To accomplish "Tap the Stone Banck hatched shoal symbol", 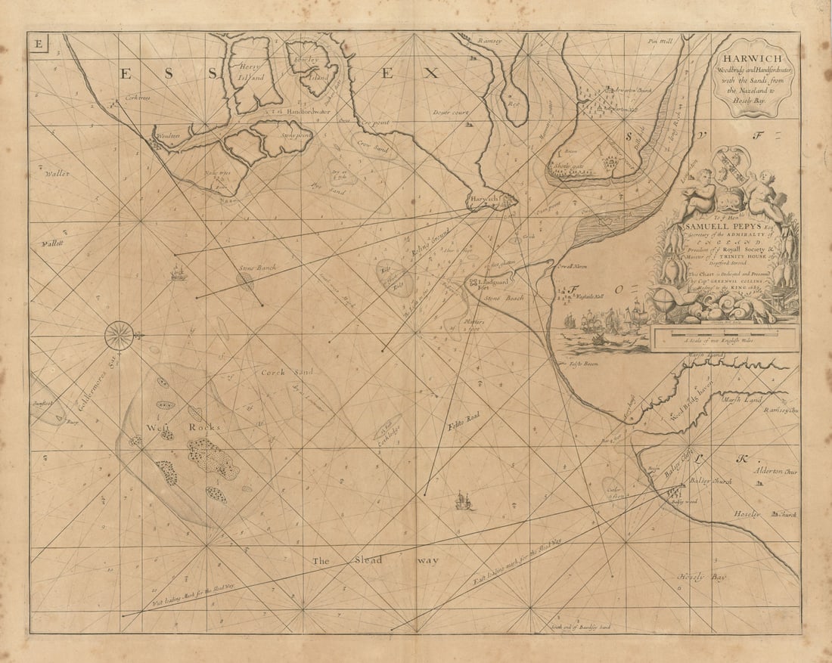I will pyautogui.click(x=244, y=280).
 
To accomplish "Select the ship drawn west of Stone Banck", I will pyautogui.click(x=179, y=272).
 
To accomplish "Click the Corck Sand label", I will pyautogui.click(x=276, y=372).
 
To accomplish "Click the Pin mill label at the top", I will pyautogui.click(x=661, y=42).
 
